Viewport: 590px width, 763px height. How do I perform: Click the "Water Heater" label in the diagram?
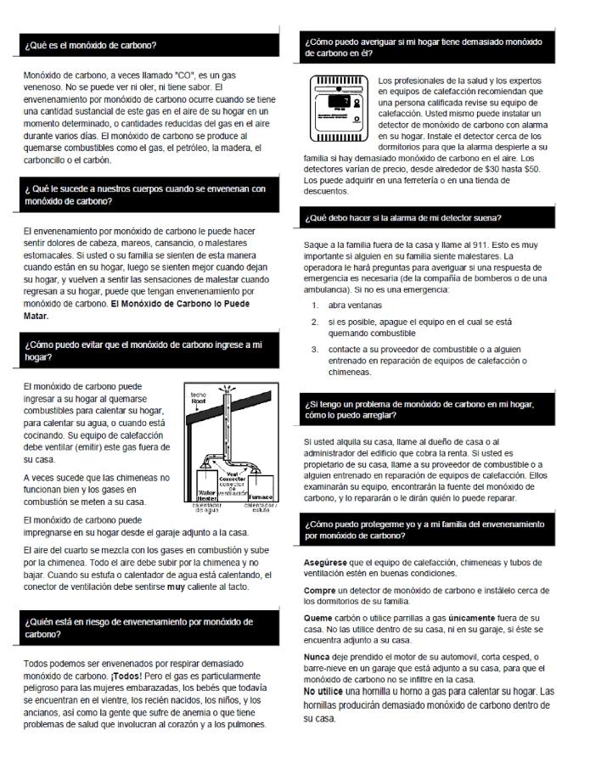[209, 492]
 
